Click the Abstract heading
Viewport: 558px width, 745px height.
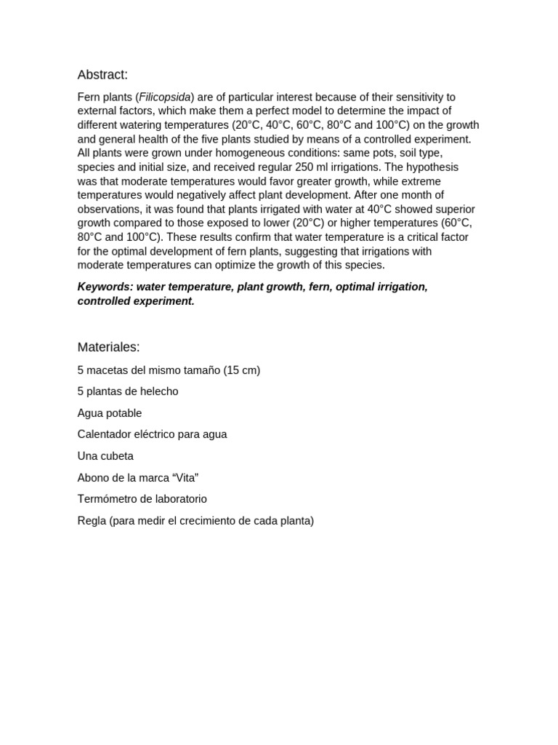[102, 75]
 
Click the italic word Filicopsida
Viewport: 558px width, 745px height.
[164, 97]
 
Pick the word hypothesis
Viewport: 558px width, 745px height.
[429, 167]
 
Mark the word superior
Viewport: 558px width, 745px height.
[453, 209]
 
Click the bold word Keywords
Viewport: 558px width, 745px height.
[105, 287]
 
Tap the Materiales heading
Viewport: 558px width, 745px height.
[108, 347]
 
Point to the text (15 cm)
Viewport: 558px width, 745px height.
[241, 370]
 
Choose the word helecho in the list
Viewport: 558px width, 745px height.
[158, 391]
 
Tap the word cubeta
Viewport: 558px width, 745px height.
[116, 456]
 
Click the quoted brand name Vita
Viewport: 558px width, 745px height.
[185, 477]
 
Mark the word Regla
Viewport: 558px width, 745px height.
[92, 521]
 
